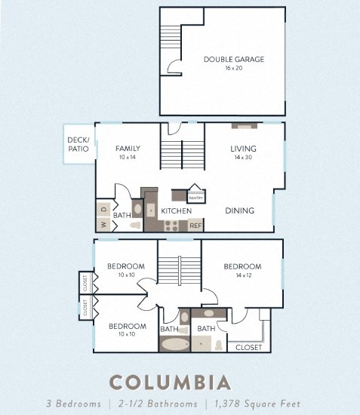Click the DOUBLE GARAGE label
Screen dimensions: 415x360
click(x=233, y=58)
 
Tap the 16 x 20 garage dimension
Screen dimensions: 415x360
click(x=233, y=68)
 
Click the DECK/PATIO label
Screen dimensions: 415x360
click(x=78, y=143)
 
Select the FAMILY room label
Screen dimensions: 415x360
click(x=128, y=149)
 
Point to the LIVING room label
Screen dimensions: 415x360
click(x=243, y=149)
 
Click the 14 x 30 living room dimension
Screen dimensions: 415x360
click(x=243, y=158)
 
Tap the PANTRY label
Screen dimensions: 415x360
click(x=195, y=198)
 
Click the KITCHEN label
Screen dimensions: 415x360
click(x=176, y=211)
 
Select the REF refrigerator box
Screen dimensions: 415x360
click(x=195, y=225)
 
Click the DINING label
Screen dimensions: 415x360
click(x=239, y=211)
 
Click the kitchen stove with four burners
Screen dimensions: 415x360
click(x=172, y=224)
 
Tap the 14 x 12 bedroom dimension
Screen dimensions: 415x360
click(x=242, y=276)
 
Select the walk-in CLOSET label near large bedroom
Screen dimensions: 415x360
click(x=249, y=348)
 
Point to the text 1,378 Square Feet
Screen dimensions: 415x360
click(x=260, y=404)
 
